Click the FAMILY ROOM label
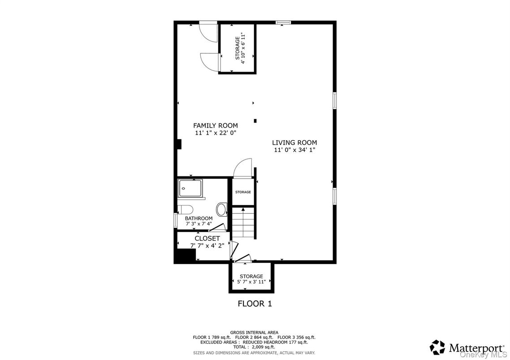[x=215, y=125]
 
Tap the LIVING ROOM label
[x=294, y=143]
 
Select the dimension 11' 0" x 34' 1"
[x=294, y=150]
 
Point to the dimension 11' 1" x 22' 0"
[x=215, y=133]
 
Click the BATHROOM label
[x=199, y=219]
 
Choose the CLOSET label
[x=207, y=239]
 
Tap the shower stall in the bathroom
[x=190, y=189]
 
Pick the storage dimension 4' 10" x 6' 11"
[x=243, y=48]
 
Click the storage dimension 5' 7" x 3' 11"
[x=251, y=282]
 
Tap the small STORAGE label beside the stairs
[x=243, y=192]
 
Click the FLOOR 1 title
[x=255, y=304]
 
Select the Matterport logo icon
[x=437, y=347]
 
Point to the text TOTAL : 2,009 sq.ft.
[x=255, y=347]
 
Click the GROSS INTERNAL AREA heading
[x=255, y=332]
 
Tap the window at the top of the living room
[x=283, y=22]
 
